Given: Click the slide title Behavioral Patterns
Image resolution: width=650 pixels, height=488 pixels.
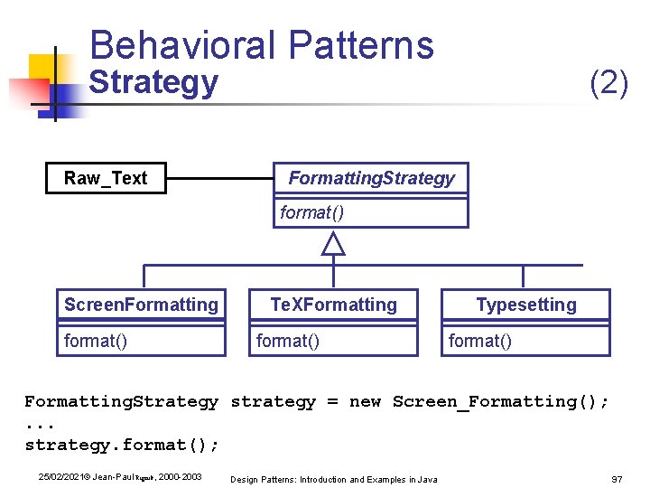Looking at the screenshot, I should pos(262,44).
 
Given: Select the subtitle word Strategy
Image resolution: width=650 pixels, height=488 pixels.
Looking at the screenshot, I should pos(153,82).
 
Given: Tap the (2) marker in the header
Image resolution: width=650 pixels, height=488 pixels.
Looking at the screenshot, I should pos(608,83).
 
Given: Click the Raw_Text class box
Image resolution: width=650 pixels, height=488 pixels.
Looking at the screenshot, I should pos(106,178).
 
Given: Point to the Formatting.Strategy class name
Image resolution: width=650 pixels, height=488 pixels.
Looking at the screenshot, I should pos(371,178).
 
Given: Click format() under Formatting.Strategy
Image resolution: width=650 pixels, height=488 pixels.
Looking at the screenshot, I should pos(311,212).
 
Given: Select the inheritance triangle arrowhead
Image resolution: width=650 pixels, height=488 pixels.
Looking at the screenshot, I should pos(334,243).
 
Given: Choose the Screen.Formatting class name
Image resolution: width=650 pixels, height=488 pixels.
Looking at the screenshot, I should pos(141,305).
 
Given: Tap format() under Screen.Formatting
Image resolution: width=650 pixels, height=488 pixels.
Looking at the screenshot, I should pos(95,341).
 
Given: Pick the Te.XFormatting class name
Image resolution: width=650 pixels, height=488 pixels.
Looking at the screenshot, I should pos(334,305).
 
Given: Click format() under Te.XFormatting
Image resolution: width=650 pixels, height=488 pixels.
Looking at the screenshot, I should pos(287,341).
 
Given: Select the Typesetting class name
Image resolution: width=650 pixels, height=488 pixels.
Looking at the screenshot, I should pos(526,305).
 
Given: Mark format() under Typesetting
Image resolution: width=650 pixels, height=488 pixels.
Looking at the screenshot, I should pos(479,341).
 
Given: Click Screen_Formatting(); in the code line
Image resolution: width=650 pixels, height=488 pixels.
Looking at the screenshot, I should pos(501,401).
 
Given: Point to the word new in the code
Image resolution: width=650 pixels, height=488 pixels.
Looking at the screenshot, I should pos(365,401).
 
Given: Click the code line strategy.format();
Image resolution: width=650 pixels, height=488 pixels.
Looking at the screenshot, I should pos(122,445).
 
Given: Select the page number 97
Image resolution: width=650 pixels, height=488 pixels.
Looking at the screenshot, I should pos(617,478).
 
